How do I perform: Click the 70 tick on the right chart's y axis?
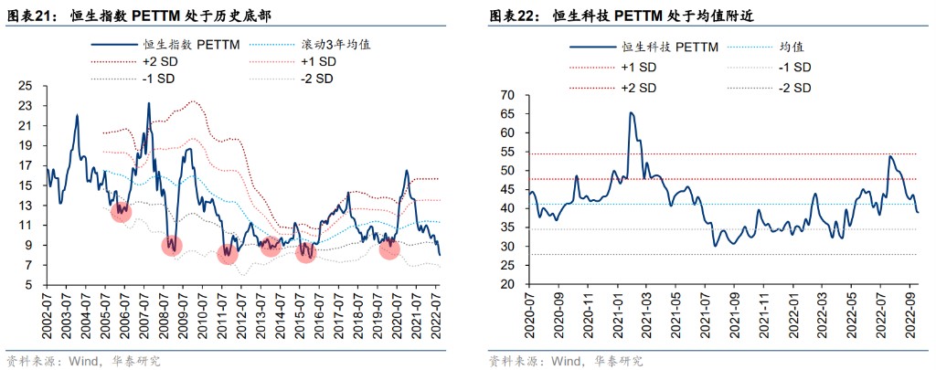click(x=508, y=96)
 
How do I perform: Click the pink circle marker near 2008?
click(x=173, y=245)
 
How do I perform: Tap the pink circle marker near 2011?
click(x=228, y=254)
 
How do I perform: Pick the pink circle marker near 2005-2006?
click(x=121, y=212)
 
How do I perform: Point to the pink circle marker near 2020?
click(x=389, y=248)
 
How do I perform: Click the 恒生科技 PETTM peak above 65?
click(x=631, y=112)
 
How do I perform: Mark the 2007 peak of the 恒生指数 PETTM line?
click(x=149, y=103)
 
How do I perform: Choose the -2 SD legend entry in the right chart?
click(x=796, y=88)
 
